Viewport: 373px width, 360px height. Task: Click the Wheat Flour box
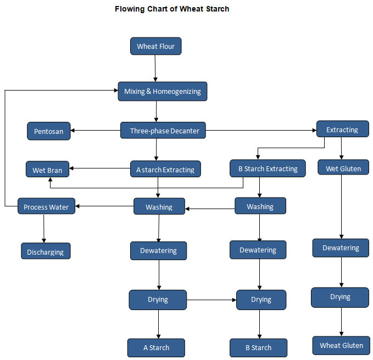tap(155, 46)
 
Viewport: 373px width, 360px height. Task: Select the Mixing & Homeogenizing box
tap(163, 91)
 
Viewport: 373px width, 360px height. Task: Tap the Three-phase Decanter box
tap(164, 131)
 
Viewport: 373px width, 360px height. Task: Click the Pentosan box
tap(48, 131)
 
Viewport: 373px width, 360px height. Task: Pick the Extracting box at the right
tap(342, 130)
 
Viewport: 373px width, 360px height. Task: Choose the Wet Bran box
tap(47, 170)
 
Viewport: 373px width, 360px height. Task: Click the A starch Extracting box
tap(165, 170)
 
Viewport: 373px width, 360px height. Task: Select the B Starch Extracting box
tap(268, 168)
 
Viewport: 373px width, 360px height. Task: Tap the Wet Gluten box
tap(343, 168)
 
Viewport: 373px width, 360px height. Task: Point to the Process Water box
tap(46, 207)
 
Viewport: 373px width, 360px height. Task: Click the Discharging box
tap(46, 252)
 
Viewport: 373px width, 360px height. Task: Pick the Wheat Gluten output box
tap(341, 345)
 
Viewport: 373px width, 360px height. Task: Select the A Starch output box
tap(156, 347)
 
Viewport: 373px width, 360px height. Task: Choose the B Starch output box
tap(258, 347)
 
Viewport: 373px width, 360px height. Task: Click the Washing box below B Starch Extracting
tap(260, 206)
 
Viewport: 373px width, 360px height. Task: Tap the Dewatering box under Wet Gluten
tap(341, 248)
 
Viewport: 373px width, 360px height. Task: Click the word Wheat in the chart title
tap(190, 9)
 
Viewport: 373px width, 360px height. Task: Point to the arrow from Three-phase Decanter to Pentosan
tap(96, 131)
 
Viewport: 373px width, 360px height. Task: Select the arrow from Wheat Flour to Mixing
tap(155, 68)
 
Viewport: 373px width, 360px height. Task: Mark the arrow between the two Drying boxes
tap(211, 300)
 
